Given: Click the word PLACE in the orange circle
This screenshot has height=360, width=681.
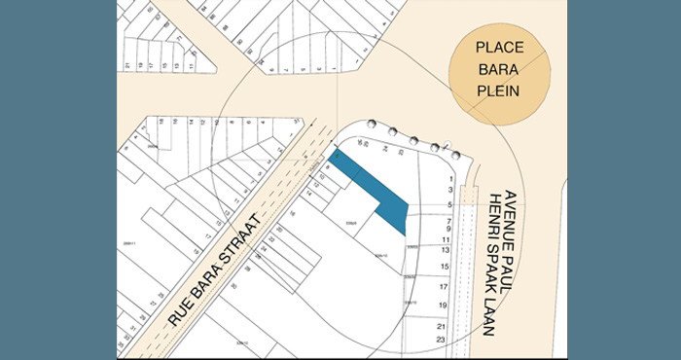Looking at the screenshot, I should [x=499, y=48].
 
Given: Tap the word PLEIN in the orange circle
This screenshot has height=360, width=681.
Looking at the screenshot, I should [x=499, y=91].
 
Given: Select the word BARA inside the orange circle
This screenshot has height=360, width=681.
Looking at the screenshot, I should [x=499, y=70].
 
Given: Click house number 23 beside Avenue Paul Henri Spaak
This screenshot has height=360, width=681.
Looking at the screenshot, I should [x=443, y=339].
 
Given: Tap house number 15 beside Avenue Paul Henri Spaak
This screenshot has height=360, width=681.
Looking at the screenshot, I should [x=445, y=266].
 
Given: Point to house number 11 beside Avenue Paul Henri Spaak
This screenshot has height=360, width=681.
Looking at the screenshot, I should [x=446, y=238].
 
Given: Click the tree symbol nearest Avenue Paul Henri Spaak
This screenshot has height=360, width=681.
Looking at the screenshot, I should [x=452, y=154].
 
